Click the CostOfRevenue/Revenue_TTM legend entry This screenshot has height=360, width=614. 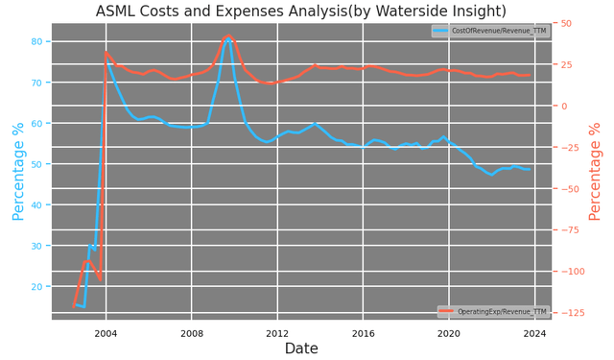point(488,32)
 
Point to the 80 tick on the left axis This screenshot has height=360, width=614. point(35,42)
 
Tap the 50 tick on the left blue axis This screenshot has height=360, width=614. point(35,164)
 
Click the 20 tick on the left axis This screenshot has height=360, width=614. point(35,287)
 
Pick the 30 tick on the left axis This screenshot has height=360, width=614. point(35,246)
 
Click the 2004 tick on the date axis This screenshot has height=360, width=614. point(106,333)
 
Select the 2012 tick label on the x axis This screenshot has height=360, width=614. point(277,333)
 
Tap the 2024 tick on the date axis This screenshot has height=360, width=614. point(534,333)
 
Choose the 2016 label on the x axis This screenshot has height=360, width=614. point(363,333)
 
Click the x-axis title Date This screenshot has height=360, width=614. point(301,349)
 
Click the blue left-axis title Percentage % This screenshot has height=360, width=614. point(17,172)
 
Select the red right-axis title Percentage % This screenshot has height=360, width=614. point(596,172)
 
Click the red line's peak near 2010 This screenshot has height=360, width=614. point(228,36)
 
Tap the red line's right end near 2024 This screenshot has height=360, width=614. point(530,75)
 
